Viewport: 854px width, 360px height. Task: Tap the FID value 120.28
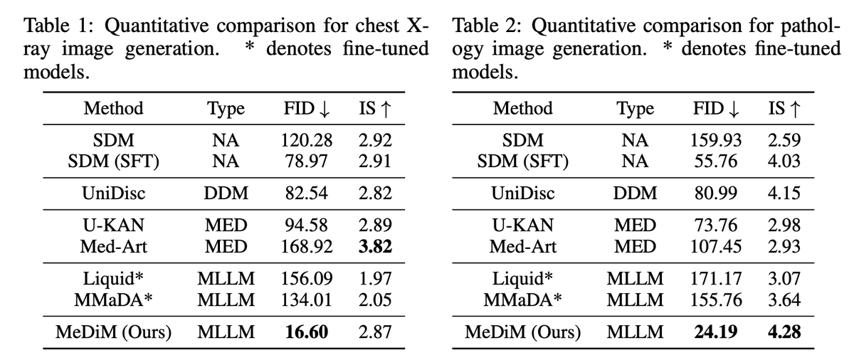[x=305, y=141]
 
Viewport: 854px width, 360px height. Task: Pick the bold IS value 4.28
[x=784, y=332]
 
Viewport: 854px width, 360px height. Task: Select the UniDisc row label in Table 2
[x=522, y=194]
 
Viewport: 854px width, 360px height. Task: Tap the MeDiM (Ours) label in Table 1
[x=114, y=332]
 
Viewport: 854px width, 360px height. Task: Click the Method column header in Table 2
[x=522, y=109]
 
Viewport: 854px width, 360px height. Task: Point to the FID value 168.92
[x=305, y=247]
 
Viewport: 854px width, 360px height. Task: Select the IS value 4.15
[x=784, y=194]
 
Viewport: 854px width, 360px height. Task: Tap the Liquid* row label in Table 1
[x=114, y=280]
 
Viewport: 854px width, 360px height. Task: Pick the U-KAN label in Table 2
[x=522, y=226]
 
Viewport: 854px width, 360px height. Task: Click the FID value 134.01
[x=305, y=300]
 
